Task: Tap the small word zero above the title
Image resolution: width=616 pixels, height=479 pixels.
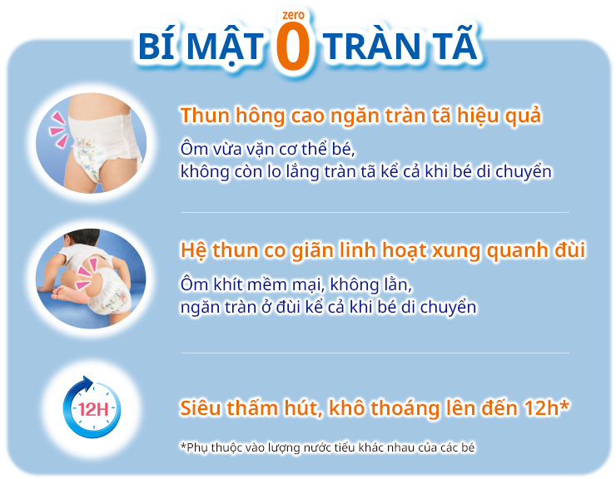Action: click(292, 14)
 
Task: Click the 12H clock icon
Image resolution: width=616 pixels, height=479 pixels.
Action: click(92, 408)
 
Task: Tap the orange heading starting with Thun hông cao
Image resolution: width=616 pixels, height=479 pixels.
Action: click(360, 115)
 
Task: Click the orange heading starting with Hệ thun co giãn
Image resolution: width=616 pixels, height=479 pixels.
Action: click(382, 249)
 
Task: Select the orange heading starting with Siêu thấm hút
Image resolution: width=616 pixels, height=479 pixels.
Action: click(375, 408)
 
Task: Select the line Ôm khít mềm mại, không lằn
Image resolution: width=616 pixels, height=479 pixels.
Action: click(296, 285)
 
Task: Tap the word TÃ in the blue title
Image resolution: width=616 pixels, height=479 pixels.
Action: click(455, 47)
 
